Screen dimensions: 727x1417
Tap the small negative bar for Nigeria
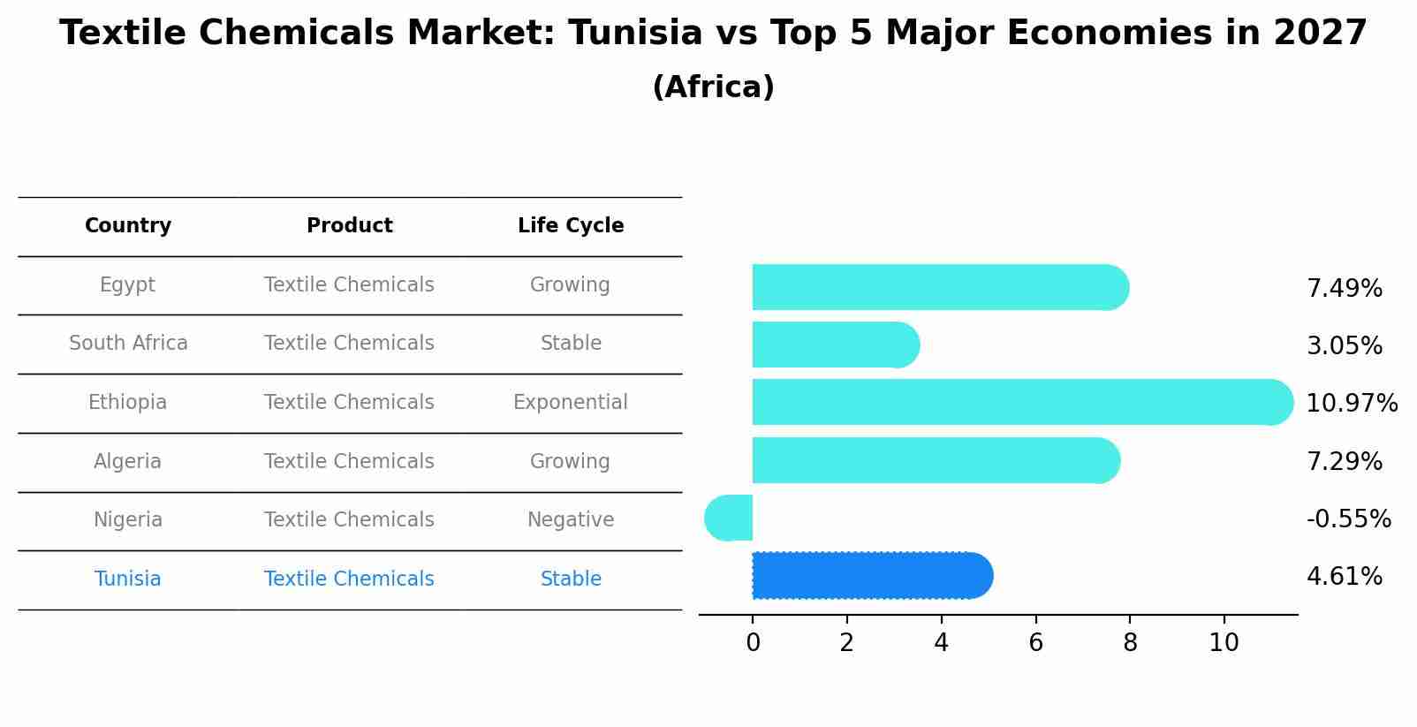click(730, 519)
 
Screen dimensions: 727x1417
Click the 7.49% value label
click(1344, 289)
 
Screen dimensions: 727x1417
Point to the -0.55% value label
click(1348, 519)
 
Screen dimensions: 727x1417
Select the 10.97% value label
click(1351, 404)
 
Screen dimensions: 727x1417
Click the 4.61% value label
click(1344, 577)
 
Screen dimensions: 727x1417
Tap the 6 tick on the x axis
click(1035, 643)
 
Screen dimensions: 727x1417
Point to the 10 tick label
click(1224, 643)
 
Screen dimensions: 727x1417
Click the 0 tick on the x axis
click(753, 643)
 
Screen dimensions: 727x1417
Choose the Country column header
click(128, 226)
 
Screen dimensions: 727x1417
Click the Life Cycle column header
click(571, 226)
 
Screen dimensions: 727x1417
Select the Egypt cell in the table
click(127, 285)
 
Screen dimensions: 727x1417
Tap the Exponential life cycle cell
click(571, 403)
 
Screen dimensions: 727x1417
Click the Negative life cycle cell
click(571, 520)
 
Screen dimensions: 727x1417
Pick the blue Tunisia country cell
click(127, 579)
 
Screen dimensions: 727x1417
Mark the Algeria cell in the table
click(127, 462)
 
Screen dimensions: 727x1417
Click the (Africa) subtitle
click(713, 87)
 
